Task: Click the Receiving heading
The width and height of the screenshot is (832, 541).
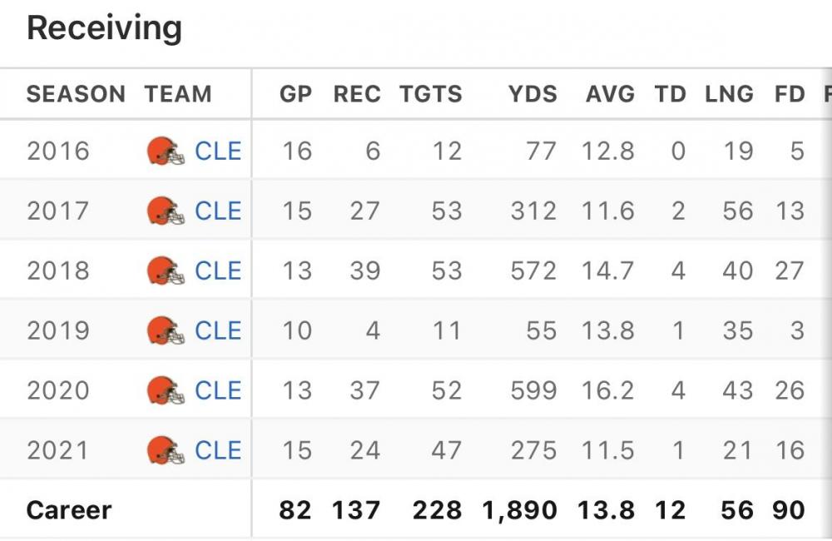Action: pos(104,29)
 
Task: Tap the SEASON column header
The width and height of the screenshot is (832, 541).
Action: pos(76,94)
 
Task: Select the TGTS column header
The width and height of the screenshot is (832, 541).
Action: pos(430,94)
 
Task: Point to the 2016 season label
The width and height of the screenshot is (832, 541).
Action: pos(57,151)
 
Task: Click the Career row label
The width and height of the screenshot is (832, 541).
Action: pos(69,510)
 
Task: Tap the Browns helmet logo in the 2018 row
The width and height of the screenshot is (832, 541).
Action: pos(166,271)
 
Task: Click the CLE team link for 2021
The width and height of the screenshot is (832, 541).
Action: pos(218,451)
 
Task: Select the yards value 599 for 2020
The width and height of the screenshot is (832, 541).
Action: pos(533,391)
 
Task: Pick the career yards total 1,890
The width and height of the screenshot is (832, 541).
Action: pos(519,510)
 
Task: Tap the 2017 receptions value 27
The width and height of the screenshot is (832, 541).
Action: pos(364,211)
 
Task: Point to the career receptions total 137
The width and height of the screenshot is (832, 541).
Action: pos(356,510)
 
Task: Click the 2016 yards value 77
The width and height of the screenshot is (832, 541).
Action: pos(542,151)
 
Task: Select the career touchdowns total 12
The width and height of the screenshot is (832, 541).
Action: pos(670,510)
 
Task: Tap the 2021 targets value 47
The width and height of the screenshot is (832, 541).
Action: pos(446,451)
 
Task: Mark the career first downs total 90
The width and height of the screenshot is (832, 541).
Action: pos(790,510)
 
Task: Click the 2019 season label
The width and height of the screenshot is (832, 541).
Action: pos(57,331)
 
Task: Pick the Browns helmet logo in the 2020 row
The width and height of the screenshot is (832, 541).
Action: pos(166,391)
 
